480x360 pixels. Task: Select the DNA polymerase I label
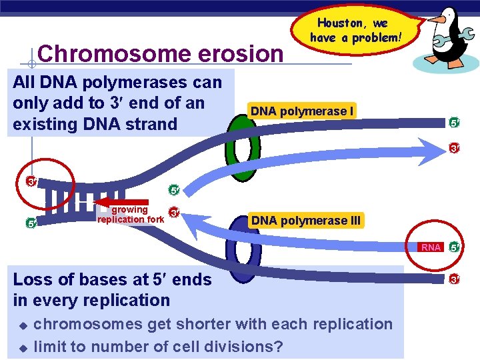[302, 111]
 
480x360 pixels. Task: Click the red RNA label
[431, 247]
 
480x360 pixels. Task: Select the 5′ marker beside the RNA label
[455, 247]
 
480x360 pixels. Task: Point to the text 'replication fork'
[130, 219]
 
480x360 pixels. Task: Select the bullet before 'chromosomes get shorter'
[22, 326]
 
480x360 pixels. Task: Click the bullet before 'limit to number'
[22, 348]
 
